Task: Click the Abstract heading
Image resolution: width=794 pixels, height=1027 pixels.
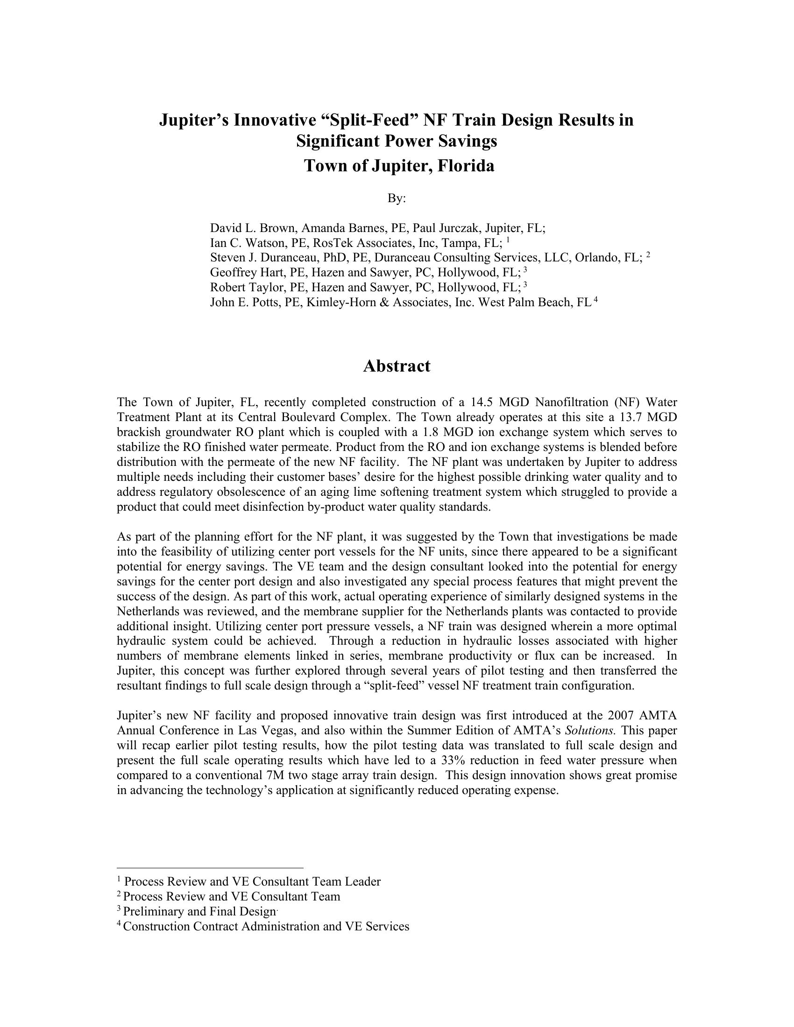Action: (397, 366)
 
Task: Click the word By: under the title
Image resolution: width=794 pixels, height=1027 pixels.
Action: (397, 198)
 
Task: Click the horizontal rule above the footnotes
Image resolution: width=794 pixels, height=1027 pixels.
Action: (210, 868)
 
